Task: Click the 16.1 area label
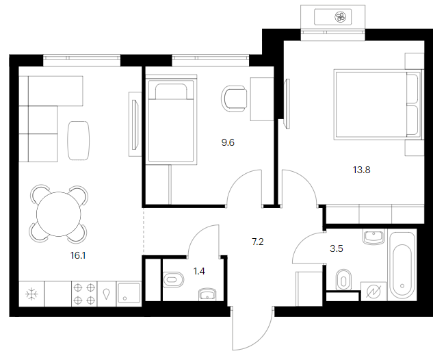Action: point(78,255)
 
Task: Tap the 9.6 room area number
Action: point(228,142)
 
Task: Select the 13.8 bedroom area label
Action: point(361,170)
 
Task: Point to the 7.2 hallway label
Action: point(258,242)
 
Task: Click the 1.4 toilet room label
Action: point(199,271)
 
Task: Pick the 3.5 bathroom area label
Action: point(337,248)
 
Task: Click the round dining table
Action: point(59,214)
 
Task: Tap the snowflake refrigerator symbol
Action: point(31,294)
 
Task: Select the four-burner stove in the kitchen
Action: point(84,294)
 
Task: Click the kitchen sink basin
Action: point(129,294)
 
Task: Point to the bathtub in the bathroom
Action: point(402,266)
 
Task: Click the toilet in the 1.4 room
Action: point(174,280)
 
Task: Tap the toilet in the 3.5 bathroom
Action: point(343,280)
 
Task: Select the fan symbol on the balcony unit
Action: point(340,17)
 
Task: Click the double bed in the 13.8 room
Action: point(378,105)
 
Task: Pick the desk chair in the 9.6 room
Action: point(234,99)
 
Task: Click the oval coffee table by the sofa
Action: point(79,140)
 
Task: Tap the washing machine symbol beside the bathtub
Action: point(373,291)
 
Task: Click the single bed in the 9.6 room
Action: point(171,119)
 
